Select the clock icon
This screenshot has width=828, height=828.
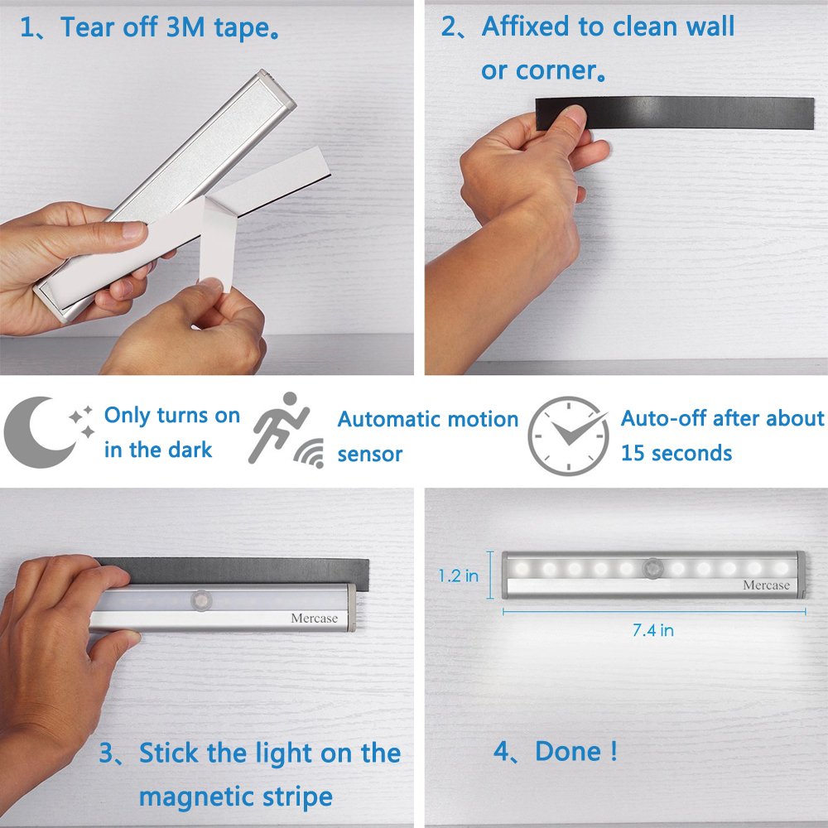click(x=568, y=436)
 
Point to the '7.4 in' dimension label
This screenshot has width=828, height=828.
click(x=652, y=630)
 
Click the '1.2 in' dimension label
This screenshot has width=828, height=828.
click(x=459, y=575)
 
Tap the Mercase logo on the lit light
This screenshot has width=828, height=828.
click(x=766, y=585)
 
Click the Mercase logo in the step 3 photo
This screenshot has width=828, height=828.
click(x=314, y=619)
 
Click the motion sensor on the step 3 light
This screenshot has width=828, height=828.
click(x=201, y=601)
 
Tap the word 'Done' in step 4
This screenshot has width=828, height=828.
click(x=568, y=751)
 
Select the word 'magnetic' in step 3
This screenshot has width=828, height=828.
click(x=196, y=797)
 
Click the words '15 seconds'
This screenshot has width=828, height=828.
click(x=676, y=453)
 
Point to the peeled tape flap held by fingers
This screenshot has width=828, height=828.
click(x=218, y=243)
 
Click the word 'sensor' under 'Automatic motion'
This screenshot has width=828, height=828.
click(x=369, y=455)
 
